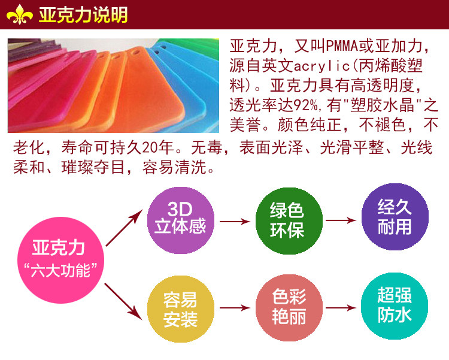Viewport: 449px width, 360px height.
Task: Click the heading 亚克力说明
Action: [83, 15]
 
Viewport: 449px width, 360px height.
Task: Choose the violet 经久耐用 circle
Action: [395, 217]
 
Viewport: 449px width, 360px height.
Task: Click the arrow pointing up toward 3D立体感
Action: [127, 227]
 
